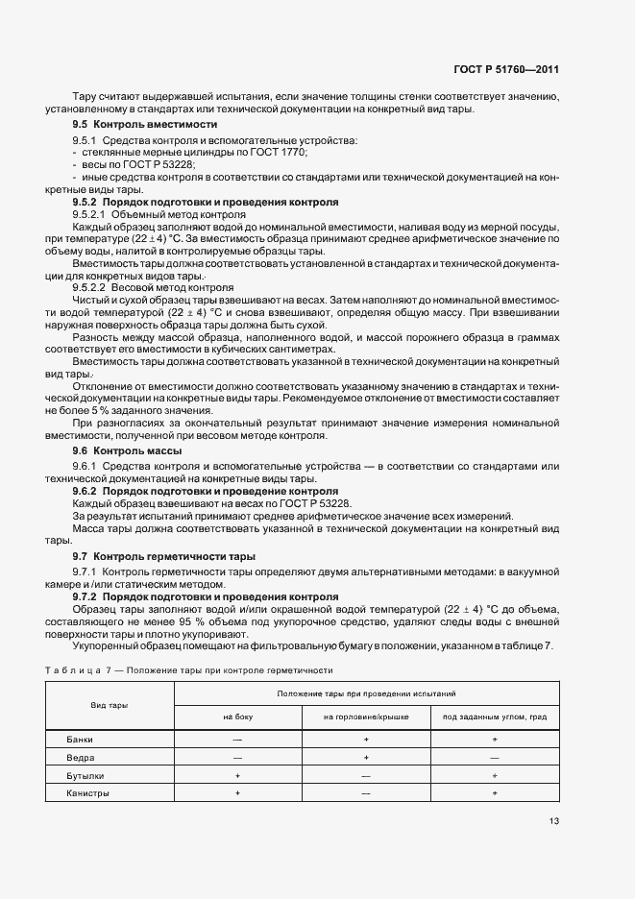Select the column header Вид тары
(x=110, y=705)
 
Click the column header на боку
(x=236, y=717)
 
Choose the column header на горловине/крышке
(x=365, y=717)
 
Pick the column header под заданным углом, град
(x=494, y=717)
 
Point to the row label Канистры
(x=87, y=794)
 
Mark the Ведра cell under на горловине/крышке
(x=365, y=758)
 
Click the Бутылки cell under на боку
(x=236, y=776)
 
